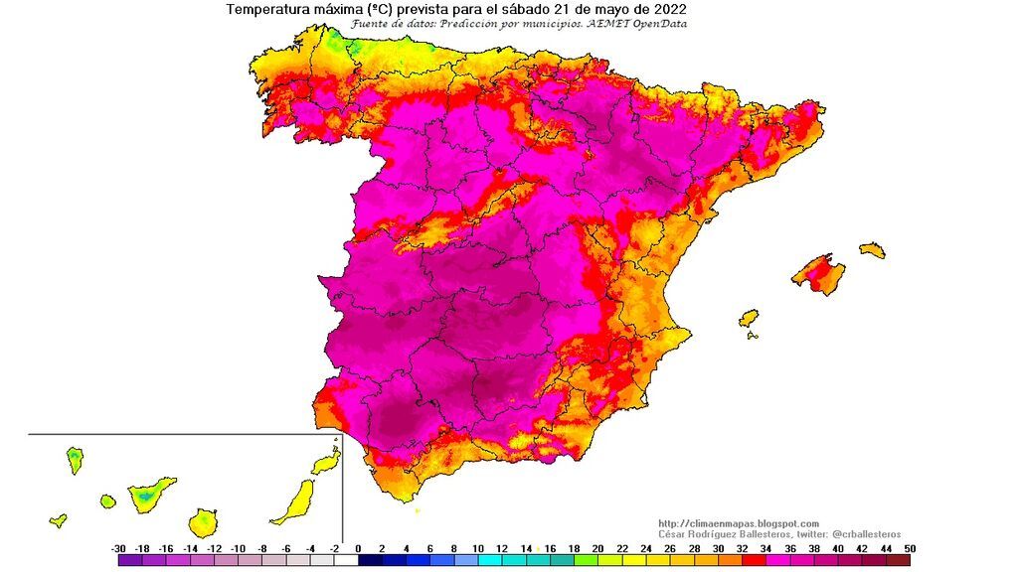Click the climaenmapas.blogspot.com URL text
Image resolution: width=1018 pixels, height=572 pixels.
(739, 523)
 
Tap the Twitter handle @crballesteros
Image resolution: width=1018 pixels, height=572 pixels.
(862, 534)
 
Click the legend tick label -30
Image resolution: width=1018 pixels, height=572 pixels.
(118, 548)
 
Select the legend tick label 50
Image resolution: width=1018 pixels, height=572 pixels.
(909, 548)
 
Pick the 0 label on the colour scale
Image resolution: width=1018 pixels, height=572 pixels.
(357, 548)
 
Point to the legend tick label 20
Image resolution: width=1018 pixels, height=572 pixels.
(596, 548)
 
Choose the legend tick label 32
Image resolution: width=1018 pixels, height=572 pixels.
(741, 548)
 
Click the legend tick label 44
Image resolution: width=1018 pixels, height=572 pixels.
(885, 548)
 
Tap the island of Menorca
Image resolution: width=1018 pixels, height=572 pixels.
(872, 249)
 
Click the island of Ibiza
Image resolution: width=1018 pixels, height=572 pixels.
(749, 319)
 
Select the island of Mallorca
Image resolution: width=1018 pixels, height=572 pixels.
(819, 273)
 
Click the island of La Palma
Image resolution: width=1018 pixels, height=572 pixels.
(75, 460)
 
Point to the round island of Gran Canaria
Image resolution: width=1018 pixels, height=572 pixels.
(203, 521)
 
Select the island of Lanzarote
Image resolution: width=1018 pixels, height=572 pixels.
(325, 463)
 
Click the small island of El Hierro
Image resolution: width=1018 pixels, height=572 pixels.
(58, 519)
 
